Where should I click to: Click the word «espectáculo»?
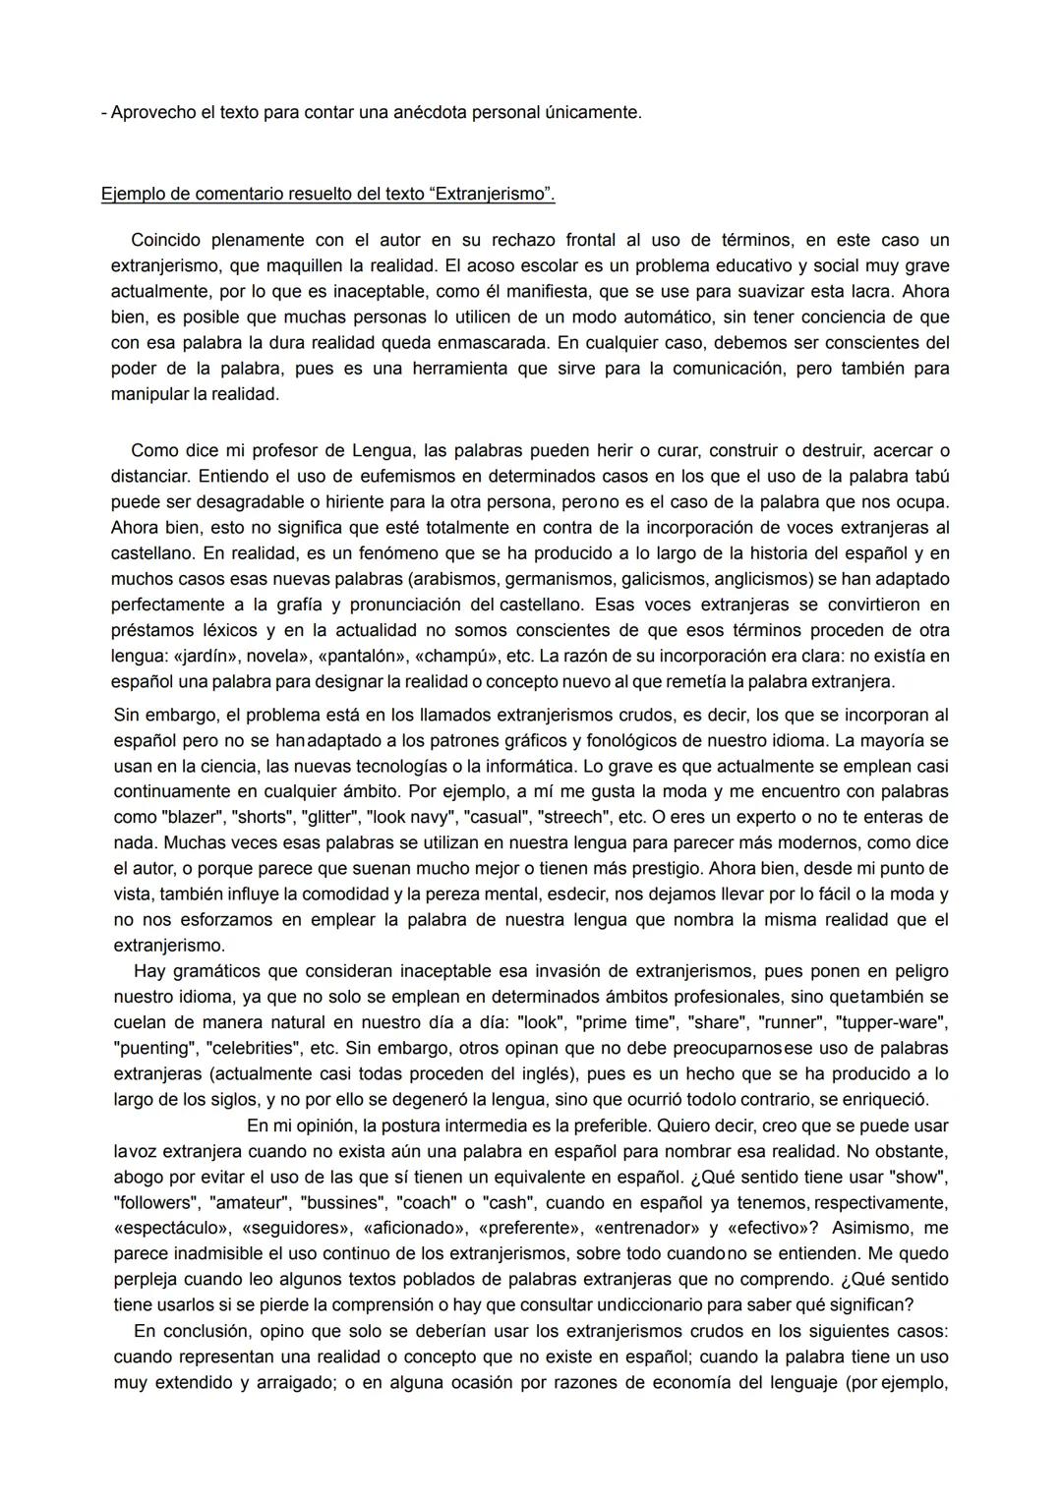click(171, 1228)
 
